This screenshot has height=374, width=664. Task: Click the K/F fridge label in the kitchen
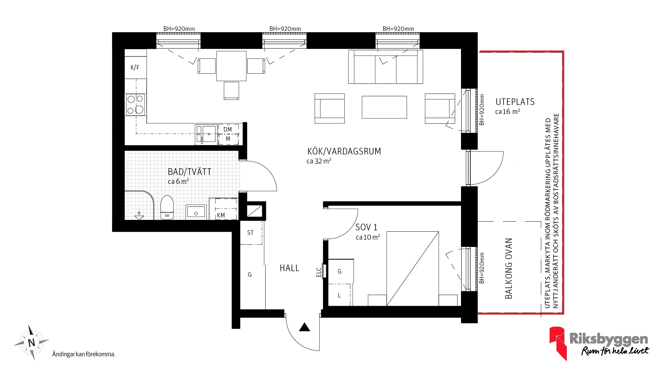(135, 68)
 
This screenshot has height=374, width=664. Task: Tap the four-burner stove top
(136, 105)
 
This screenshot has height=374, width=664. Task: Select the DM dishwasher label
(228, 130)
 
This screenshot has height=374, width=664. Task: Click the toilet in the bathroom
(167, 207)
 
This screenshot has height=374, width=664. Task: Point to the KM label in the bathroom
(221, 215)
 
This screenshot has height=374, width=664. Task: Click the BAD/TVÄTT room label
(190, 172)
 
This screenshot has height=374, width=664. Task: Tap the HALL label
(289, 268)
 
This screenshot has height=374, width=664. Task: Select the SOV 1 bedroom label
(367, 228)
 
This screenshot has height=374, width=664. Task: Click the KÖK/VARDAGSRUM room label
(344, 151)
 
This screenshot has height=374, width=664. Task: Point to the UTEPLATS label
(515, 102)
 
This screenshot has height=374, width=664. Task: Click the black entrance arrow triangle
(304, 327)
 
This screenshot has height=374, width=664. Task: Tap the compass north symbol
(31, 342)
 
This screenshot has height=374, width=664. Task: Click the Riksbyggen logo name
(609, 339)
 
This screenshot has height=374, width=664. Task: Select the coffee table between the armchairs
(384, 107)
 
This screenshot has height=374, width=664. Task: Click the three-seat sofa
(386, 67)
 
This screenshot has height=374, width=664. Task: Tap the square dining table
(231, 66)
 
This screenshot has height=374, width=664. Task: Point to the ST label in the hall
(250, 233)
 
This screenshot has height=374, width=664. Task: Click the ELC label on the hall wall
(319, 272)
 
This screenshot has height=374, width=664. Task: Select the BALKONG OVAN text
(508, 268)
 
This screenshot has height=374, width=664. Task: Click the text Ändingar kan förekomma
(84, 354)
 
